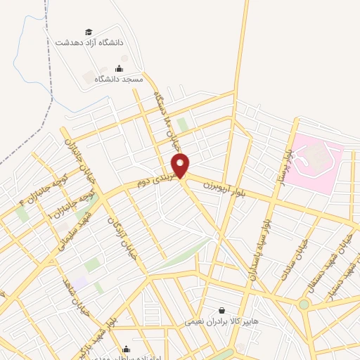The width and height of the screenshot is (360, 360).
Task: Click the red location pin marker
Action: [x=181, y=165]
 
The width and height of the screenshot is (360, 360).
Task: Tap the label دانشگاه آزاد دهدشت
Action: [x=89, y=42]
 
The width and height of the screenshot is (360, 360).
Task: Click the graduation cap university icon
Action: [x=89, y=32]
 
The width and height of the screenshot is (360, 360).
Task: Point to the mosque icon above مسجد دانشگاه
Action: [x=118, y=68]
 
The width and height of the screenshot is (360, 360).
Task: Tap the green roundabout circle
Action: [x=304, y=304]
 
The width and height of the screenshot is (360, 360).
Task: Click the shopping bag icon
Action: [x=222, y=309]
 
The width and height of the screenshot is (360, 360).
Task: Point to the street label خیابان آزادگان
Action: [x=121, y=238]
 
